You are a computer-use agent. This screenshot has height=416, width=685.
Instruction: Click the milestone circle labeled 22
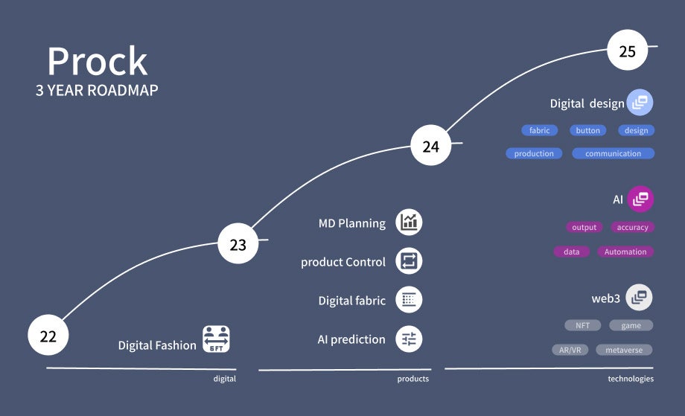coord(48,336)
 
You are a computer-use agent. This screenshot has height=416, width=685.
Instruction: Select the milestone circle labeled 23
coord(238,245)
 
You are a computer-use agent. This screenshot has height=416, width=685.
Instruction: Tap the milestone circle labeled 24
coord(431,146)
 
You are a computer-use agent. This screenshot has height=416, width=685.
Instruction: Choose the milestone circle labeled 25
coord(628,51)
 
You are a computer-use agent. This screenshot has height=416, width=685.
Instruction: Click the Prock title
coord(98,61)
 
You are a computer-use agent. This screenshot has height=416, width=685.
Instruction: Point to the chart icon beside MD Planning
coord(409,223)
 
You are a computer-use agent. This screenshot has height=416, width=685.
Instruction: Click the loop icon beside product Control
coord(409,261)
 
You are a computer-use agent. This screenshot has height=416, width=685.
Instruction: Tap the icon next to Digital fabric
coord(409,300)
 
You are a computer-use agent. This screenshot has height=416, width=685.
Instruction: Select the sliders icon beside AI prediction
coord(409,339)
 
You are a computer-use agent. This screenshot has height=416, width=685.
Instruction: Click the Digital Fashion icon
coord(216,339)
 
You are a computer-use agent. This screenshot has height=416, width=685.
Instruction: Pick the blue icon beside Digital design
coord(640,103)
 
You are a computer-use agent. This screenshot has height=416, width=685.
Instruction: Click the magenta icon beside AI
coord(640,199)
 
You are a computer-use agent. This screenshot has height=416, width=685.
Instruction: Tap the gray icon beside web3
coord(639,298)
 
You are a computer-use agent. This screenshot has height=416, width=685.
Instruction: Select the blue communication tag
coord(613,154)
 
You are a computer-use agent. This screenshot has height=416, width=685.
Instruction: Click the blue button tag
coord(587,130)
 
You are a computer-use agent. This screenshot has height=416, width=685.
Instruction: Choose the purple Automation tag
coord(625,252)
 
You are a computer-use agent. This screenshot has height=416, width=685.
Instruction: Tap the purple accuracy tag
coord(632,228)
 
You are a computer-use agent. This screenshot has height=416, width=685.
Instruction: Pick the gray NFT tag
coord(582,325)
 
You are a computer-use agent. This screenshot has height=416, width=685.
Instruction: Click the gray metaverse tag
coord(624,350)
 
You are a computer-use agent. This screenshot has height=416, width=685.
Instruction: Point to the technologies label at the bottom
coord(631,379)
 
